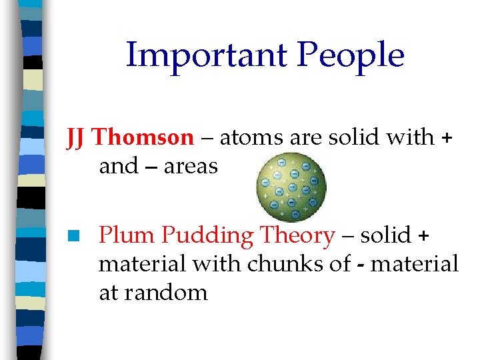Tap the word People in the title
pyautogui.click(x=351, y=55)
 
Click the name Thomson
pyautogui.click(x=143, y=137)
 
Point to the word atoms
pyautogui.click(x=252, y=137)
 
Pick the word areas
pyautogui.click(x=191, y=166)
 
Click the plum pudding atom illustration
pyautogui.click(x=292, y=186)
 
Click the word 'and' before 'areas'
pyautogui.click(x=118, y=166)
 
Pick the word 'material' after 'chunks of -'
pyautogui.click(x=415, y=264)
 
